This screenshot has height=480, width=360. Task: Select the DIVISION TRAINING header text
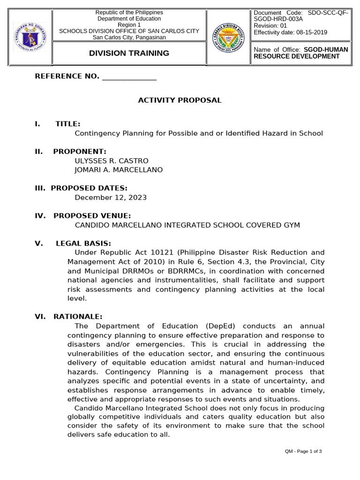coord(129,53)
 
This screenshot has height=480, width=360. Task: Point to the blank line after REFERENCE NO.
coord(129,77)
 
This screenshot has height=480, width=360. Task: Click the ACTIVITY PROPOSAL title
coord(180,100)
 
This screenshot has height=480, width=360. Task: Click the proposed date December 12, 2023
coord(111,197)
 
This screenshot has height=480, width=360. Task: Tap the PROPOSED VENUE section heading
coord(92,216)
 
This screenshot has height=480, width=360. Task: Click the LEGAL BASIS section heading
coord(83,243)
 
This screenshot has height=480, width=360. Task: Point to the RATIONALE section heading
coord(77,317)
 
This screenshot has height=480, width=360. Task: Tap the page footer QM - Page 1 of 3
coord(303,451)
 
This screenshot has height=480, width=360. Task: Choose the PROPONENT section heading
coord(80,151)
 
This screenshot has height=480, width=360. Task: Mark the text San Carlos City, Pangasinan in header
coord(129,37)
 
